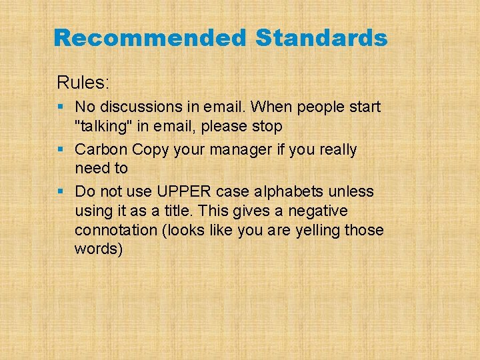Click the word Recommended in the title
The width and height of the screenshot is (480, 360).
(x=150, y=38)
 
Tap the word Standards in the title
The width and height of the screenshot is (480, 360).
(x=321, y=38)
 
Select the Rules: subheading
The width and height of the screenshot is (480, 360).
(x=83, y=83)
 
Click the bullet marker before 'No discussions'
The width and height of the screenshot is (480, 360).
(x=61, y=107)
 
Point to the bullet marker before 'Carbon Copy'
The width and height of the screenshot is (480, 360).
(x=61, y=149)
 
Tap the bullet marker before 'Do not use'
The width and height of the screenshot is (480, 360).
(x=61, y=192)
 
